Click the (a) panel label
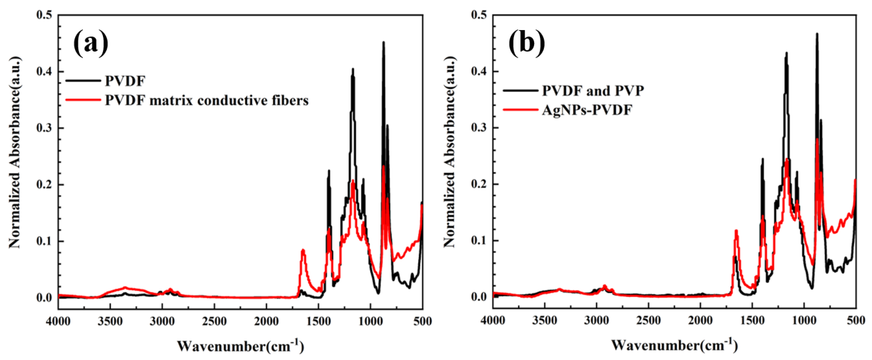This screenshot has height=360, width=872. (x=91, y=44)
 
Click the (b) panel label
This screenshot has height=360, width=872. (x=527, y=44)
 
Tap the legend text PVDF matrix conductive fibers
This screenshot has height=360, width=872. (x=206, y=100)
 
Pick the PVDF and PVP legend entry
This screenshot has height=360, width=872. (x=592, y=90)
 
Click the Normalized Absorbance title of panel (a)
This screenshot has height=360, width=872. (x=14, y=152)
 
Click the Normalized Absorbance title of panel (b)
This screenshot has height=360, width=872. (x=449, y=152)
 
